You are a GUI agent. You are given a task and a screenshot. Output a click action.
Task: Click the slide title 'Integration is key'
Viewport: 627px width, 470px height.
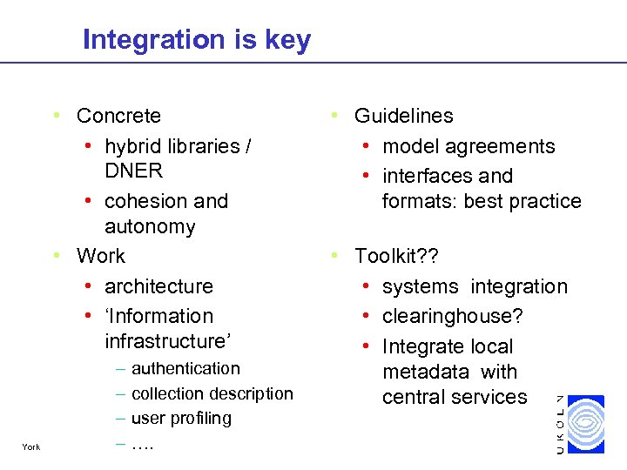pos(196,40)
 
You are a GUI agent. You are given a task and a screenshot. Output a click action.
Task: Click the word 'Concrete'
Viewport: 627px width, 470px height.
pos(118,116)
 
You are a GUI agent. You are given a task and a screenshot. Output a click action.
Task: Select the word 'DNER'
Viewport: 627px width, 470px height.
pos(133,171)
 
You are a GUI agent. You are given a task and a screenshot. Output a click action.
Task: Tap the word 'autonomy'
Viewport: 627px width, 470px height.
pos(150,226)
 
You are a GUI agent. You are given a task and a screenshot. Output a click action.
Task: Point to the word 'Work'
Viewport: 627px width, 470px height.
pos(101,256)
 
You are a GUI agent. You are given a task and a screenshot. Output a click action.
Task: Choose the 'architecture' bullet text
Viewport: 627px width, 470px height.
pos(158,286)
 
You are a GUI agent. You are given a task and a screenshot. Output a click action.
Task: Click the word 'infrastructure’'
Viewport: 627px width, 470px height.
pos(168,340)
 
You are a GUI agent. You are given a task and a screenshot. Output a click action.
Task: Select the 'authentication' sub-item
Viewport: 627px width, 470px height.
pos(185,369)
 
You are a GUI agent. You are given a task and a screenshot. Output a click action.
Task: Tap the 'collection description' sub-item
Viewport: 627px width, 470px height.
pos(212,393)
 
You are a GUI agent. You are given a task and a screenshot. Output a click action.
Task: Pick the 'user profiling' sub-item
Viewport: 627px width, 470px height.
pos(181,418)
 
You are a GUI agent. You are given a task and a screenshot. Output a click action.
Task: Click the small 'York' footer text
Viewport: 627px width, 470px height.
pos(30,448)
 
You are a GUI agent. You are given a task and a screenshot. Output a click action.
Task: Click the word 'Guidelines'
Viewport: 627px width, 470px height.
pos(403,116)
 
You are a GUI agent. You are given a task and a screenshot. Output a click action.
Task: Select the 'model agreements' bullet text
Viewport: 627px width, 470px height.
pos(469,146)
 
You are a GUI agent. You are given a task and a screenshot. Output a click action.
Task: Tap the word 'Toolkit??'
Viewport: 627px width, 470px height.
pos(396,256)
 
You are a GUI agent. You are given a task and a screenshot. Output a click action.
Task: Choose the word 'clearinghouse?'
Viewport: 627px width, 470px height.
pos(452,316)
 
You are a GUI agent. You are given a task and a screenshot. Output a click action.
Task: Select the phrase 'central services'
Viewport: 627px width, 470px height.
pos(455,397)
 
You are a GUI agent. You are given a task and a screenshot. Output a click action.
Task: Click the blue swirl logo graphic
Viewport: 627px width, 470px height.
pos(585,423)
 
